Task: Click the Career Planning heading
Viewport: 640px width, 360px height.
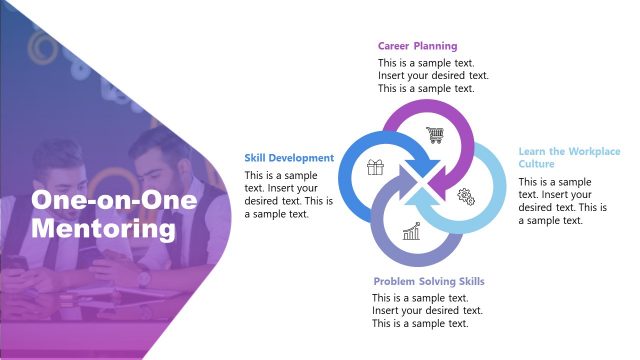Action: pyautogui.click(x=417, y=46)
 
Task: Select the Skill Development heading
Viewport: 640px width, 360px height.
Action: pyautogui.click(x=289, y=158)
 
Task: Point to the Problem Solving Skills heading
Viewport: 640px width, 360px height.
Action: pyautogui.click(x=429, y=282)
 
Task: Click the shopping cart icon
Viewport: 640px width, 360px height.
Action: pyautogui.click(x=434, y=134)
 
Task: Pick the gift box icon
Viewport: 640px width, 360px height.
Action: pyautogui.click(x=375, y=167)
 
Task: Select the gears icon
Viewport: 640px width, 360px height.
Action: pyautogui.click(x=465, y=195)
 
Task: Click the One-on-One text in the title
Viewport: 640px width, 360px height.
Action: pyautogui.click(x=114, y=200)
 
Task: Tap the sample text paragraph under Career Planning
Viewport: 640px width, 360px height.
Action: pyautogui.click(x=432, y=75)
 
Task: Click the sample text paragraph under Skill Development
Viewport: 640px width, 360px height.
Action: pyautogui.click(x=289, y=195)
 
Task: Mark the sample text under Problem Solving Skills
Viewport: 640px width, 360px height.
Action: pyautogui.click(x=420, y=311)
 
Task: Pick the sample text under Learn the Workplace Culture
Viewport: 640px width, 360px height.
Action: pyautogui.click(x=562, y=201)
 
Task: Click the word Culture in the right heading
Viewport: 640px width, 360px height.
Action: pyautogui.click(x=537, y=163)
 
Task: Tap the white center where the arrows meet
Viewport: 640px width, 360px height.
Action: pyautogui.click(x=420, y=183)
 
